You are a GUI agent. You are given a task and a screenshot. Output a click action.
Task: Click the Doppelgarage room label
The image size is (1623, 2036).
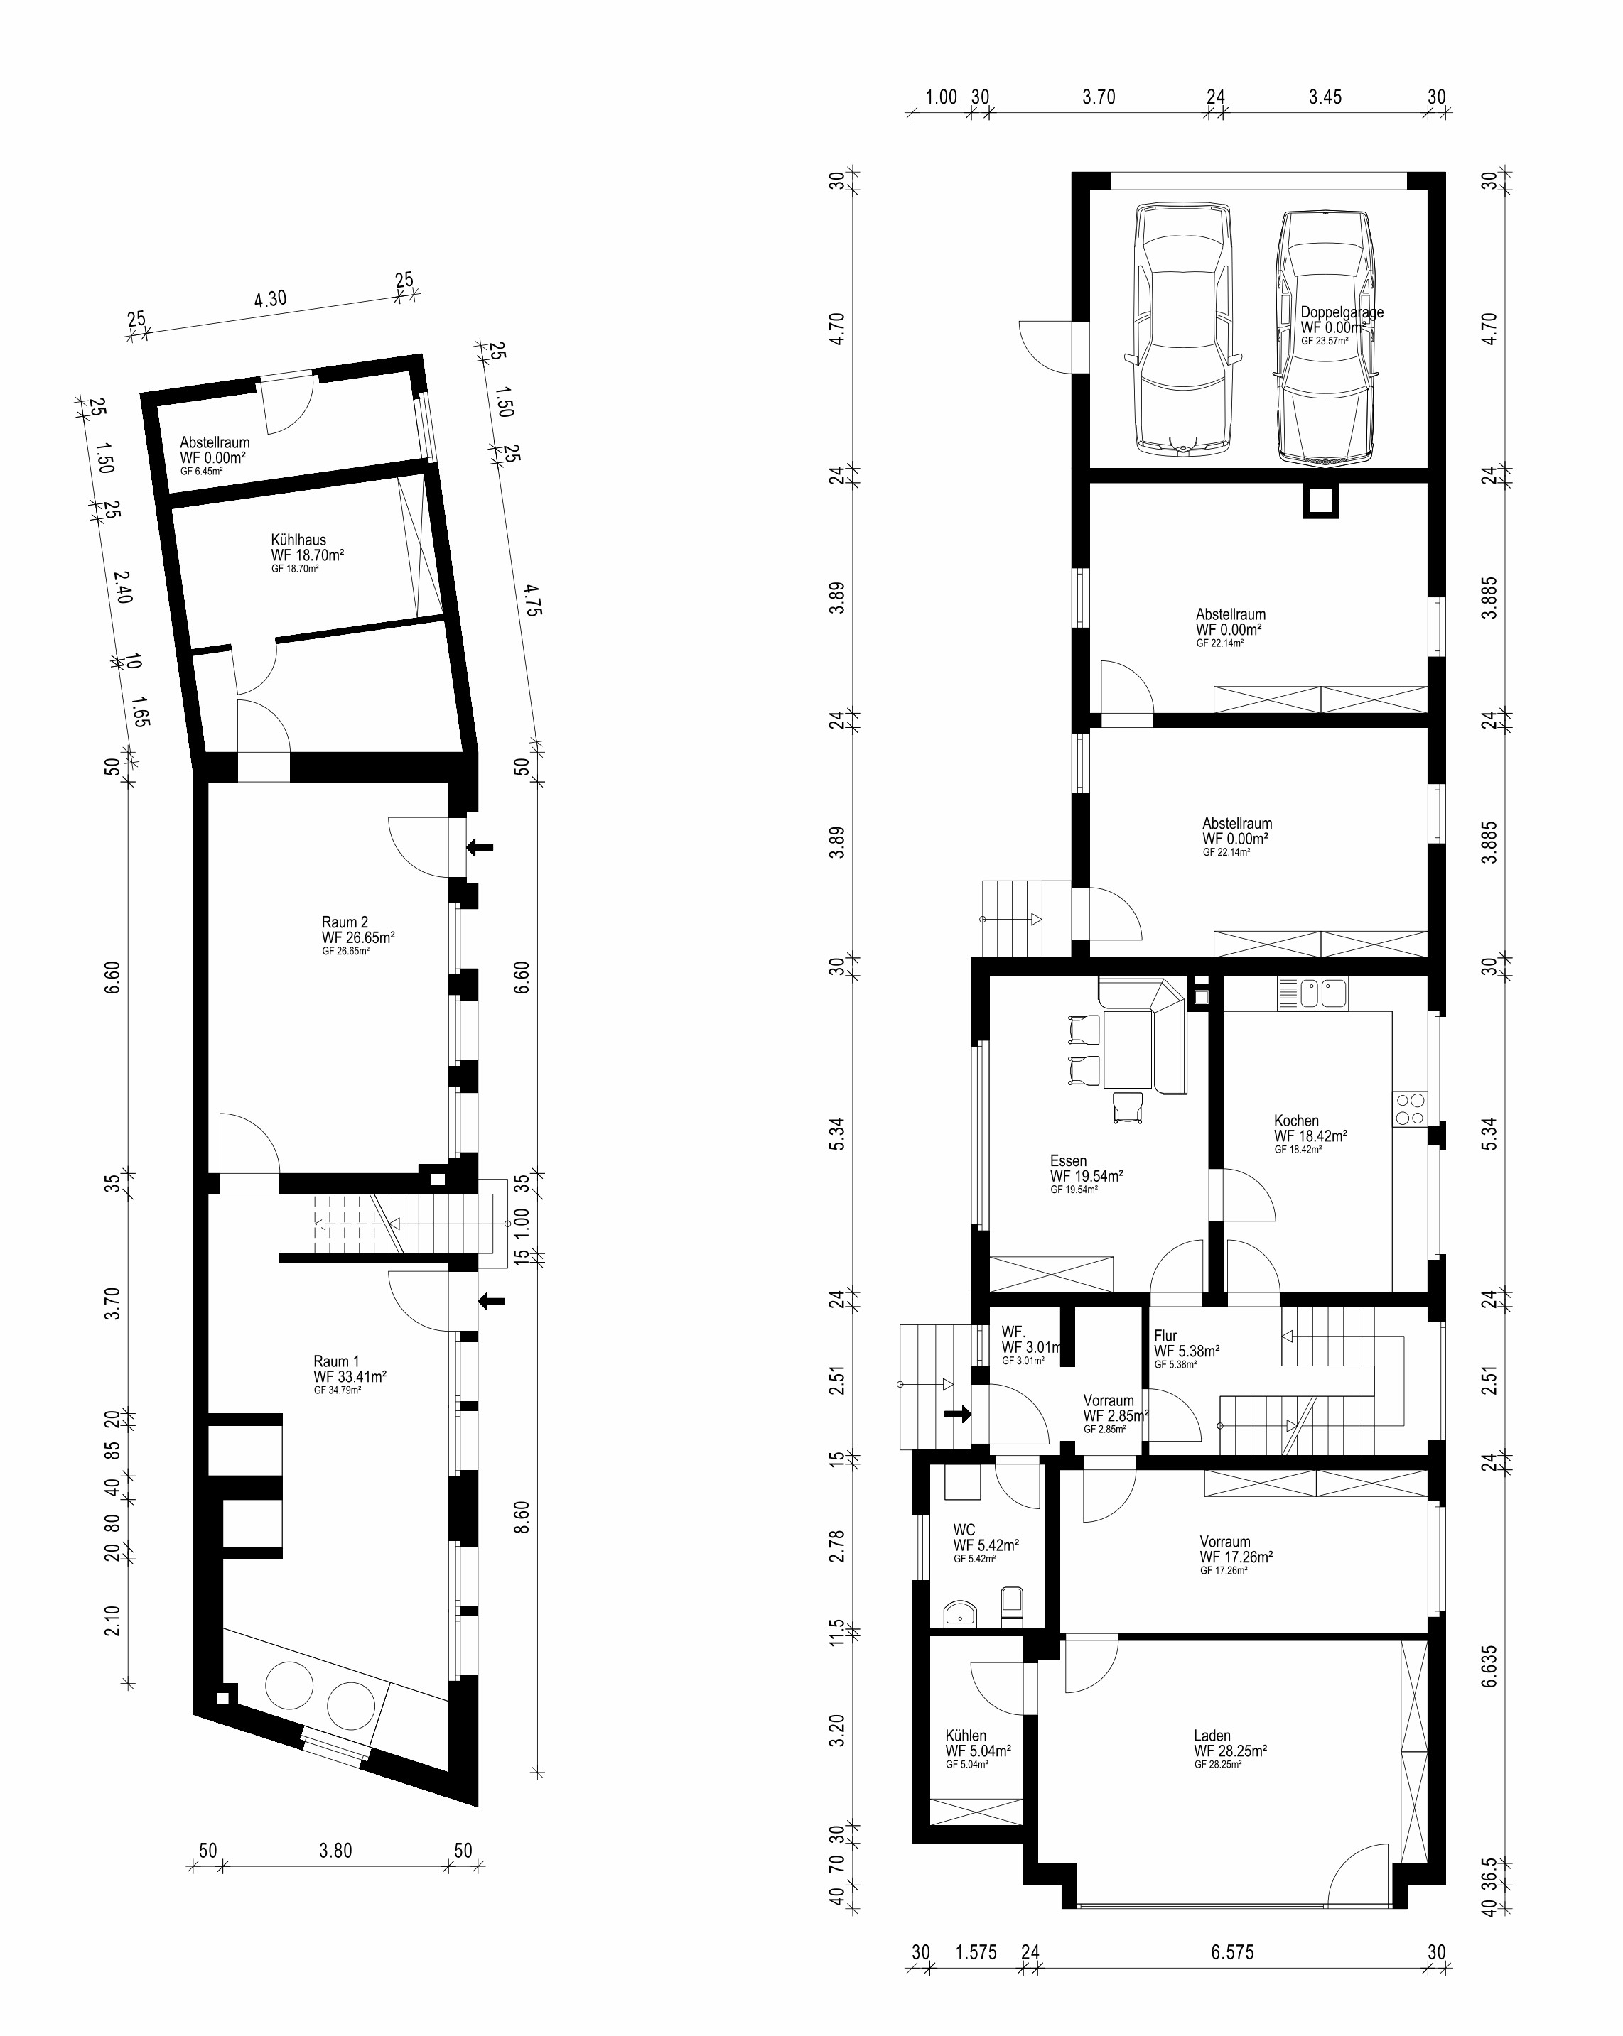pyautogui.click(x=1342, y=312)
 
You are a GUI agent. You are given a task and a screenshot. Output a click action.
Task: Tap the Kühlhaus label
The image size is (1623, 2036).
pyautogui.click(x=298, y=541)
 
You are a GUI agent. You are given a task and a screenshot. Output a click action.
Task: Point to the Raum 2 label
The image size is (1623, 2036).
pyautogui.click(x=345, y=922)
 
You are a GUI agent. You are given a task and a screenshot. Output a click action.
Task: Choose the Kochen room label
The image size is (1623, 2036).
pyautogui.click(x=1296, y=1121)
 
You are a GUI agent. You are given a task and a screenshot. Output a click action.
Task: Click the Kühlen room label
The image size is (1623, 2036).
pyautogui.click(x=966, y=1736)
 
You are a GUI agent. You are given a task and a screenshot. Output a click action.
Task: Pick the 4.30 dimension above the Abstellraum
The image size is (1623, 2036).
pyautogui.click(x=270, y=300)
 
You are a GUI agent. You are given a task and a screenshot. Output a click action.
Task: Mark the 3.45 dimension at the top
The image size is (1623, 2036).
pyautogui.click(x=1325, y=97)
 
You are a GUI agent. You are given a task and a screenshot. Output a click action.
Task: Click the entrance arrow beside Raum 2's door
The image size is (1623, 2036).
pyautogui.click(x=480, y=848)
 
